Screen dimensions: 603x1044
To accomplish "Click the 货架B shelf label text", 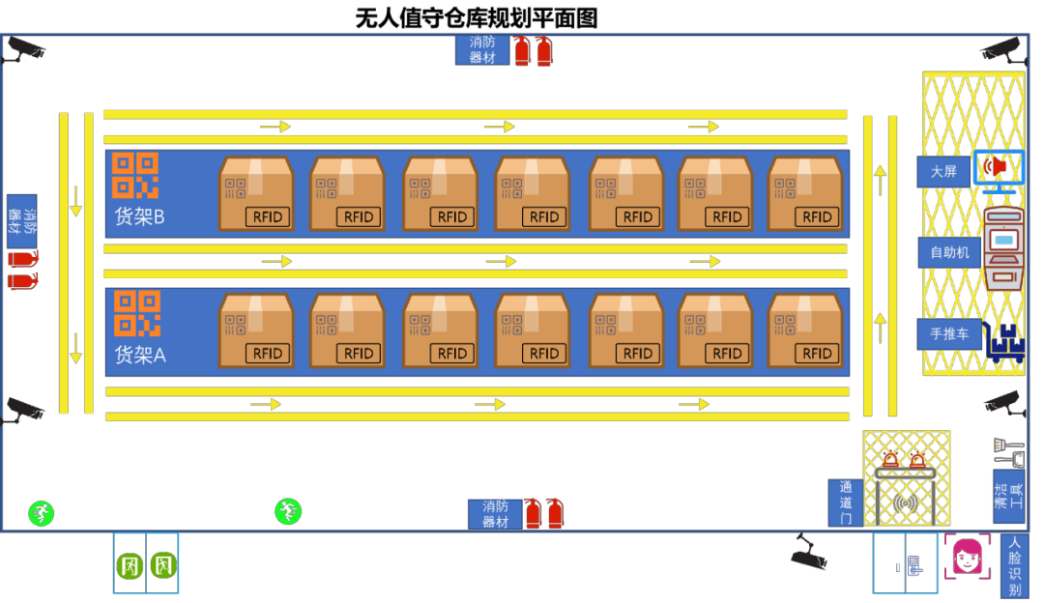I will [139, 216].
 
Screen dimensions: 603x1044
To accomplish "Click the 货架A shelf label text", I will [140, 355].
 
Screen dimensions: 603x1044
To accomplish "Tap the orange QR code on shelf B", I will [135, 175].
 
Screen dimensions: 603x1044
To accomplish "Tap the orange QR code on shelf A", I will [137, 314].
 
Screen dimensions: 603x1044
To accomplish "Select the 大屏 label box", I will [943, 172].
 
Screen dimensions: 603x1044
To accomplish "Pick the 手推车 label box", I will [949, 334].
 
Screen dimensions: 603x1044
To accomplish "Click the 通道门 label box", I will [846, 502].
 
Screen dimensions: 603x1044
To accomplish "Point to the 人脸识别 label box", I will [1014, 566].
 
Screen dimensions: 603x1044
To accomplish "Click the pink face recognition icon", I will [967, 557].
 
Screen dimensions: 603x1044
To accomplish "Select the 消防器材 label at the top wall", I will [482, 49].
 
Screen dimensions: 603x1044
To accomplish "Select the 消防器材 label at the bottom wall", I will [495, 514].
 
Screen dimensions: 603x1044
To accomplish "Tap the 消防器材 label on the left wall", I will [21, 221].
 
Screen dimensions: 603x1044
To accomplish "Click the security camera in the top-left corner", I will [23, 49].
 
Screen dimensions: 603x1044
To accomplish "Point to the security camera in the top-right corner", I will [1002, 48].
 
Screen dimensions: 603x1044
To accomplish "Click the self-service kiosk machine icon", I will [1003, 248].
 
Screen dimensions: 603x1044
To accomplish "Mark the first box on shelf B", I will [256, 193].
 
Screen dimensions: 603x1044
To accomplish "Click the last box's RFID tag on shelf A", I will [818, 354].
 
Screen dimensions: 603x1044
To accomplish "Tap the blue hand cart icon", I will [1005, 344].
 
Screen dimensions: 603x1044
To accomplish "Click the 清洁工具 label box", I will [1008, 496].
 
